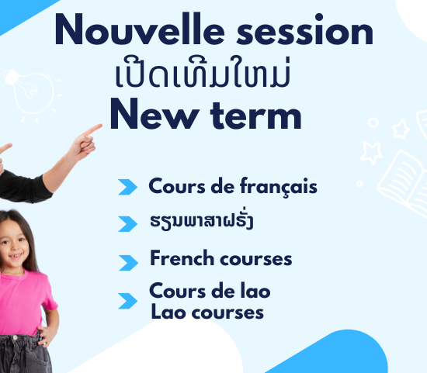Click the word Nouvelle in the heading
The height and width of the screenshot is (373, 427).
pos(140,29)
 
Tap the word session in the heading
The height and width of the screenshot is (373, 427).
pos(305,29)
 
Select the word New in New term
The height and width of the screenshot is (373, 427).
pos(154,113)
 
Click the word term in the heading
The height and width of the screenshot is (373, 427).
pos(256,116)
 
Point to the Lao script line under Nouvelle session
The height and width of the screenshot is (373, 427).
pos(203,71)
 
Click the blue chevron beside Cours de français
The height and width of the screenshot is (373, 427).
pos(127,187)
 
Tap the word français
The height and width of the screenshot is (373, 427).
pos(279,187)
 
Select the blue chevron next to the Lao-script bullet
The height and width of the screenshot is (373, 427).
pos(127,224)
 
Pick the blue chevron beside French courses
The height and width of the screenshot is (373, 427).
pos(128,263)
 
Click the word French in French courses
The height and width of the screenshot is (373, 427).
pos(182,257)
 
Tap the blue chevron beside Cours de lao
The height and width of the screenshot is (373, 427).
pos(127,301)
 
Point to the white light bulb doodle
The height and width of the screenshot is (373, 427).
pos(31,92)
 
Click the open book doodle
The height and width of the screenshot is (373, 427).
pos(402,182)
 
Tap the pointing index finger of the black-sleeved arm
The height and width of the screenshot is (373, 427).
pos(92,130)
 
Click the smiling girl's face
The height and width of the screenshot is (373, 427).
pos(14,245)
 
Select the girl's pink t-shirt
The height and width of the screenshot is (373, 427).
pos(24,302)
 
